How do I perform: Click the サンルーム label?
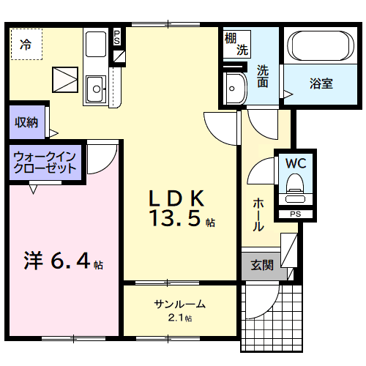(x=179, y=305)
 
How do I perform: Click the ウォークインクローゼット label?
(x=45, y=162)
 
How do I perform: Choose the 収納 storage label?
(x=29, y=122)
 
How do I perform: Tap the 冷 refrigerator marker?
(x=26, y=45)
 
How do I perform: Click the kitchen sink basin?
(x=95, y=90)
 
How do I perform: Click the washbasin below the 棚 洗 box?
(x=234, y=90)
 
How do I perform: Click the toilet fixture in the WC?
(x=296, y=187)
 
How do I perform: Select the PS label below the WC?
(x=295, y=214)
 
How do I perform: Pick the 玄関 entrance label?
(x=262, y=266)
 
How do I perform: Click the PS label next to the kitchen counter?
(x=116, y=37)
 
